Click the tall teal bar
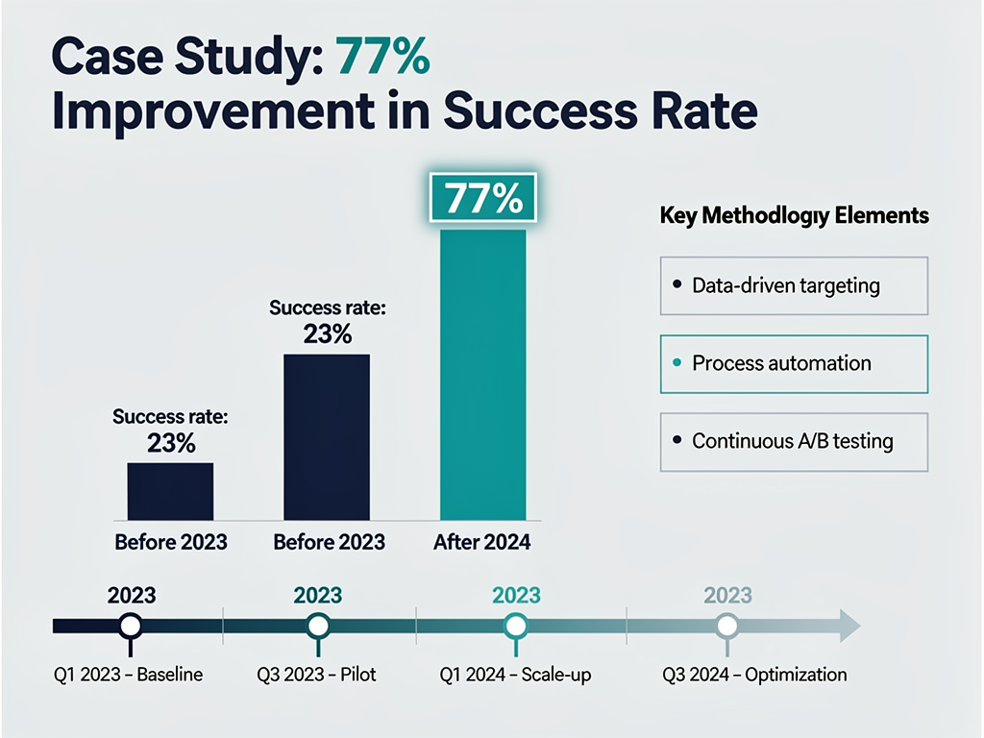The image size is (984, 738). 482,375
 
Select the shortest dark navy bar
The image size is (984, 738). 170,491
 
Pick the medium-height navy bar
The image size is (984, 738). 326,437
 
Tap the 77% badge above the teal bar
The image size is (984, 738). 482,201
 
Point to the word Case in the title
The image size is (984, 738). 103,59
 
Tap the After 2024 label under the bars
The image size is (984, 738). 481,542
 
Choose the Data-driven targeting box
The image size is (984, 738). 794,285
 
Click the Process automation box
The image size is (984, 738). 794,363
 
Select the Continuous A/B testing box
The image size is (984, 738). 794,441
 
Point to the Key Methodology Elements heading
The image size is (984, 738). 794,215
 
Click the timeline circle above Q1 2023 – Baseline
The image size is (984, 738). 132,627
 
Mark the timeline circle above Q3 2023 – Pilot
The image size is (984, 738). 318,627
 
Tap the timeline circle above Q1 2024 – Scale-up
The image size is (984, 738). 516,627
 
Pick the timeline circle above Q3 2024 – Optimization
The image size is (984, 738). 728,627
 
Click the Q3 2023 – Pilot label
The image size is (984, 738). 319,675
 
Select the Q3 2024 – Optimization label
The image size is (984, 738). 754,675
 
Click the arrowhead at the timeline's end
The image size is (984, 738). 849,626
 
